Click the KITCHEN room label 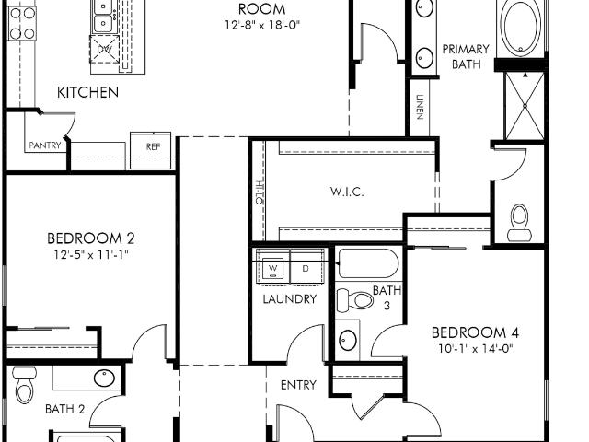pos(87,92)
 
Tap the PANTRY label pos(45,145)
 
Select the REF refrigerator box pos(151,151)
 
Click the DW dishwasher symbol pos(104,49)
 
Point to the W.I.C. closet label pos(347,192)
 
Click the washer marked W pos(272,268)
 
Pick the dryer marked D pos(306,268)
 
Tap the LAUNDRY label pos(290,299)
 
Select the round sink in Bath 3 pos(348,341)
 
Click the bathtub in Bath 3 pos(368,262)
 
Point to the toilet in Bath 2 pos(25,386)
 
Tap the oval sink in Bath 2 pos(104,378)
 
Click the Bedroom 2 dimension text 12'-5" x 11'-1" pos(91,255)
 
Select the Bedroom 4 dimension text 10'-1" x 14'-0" pos(475,349)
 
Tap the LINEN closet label pos(420,107)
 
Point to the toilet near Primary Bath pos(519,223)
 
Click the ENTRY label pos(298,385)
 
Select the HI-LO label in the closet pos(260,192)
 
